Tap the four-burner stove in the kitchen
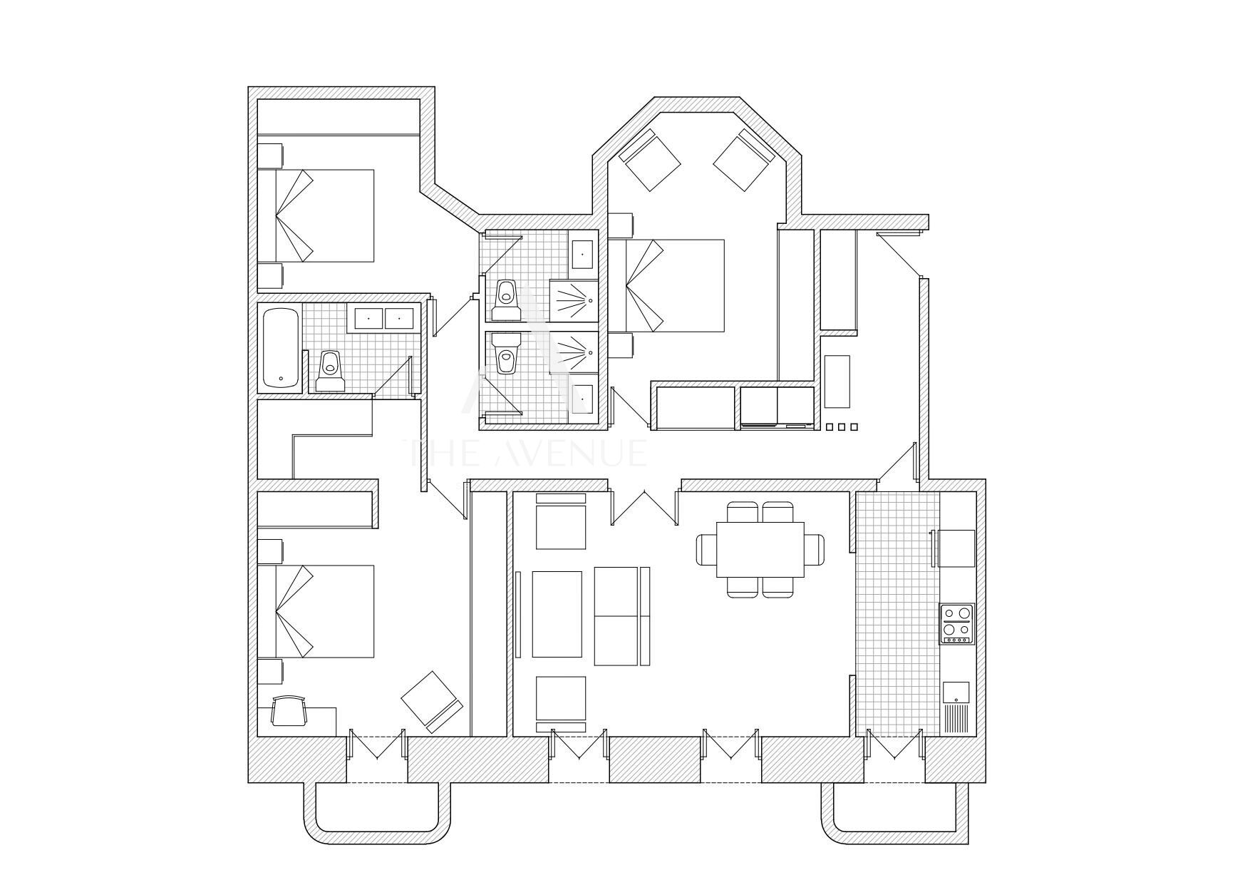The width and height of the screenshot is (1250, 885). (957, 624)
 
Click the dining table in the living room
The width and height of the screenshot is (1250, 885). (760, 549)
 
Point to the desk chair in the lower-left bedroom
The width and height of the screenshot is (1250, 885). (289, 711)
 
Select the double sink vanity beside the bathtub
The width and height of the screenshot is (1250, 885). (383, 317)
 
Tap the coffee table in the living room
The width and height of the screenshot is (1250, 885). (557, 613)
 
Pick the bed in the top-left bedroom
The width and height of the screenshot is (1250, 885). (316, 215)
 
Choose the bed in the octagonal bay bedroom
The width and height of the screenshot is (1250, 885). (666, 285)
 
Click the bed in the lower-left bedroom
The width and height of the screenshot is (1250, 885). (316, 611)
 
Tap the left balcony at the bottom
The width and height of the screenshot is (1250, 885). (378, 814)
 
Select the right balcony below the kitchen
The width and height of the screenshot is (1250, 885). (895, 814)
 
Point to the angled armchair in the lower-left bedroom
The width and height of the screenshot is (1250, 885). (432, 702)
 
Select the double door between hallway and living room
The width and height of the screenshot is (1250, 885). (644, 506)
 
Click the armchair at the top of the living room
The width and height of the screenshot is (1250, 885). (560, 521)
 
